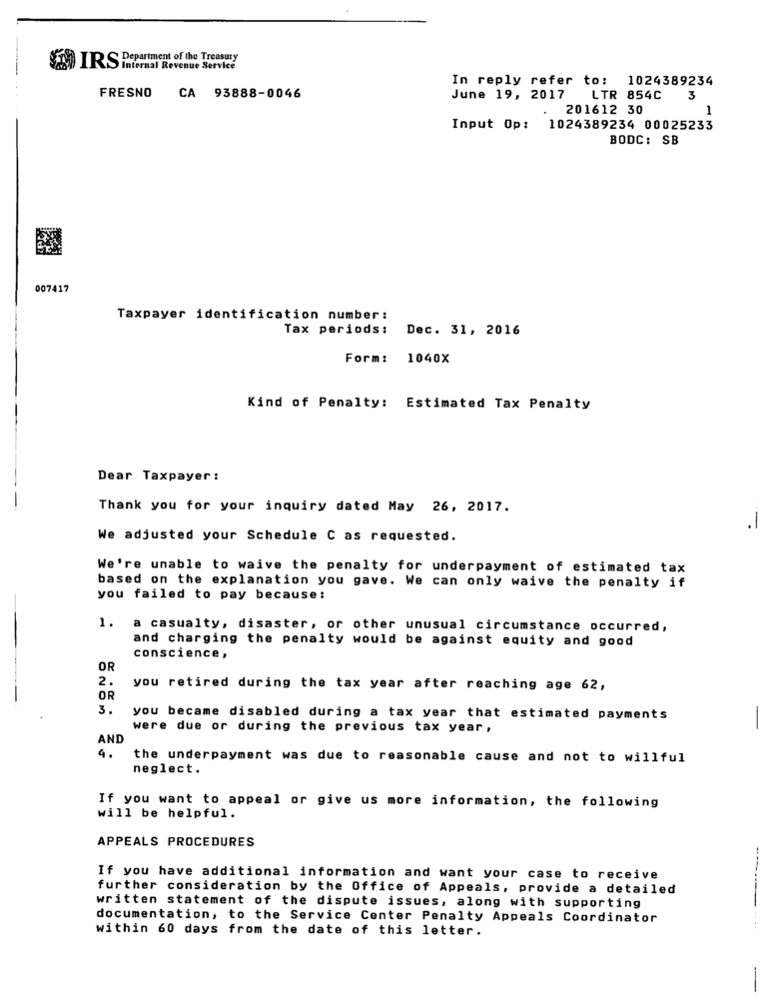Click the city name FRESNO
click(124, 94)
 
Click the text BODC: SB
click(643, 140)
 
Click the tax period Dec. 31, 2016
click(463, 329)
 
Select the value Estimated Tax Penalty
click(498, 404)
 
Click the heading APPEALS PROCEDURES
click(176, 842)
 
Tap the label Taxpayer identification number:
click(246, 314)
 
